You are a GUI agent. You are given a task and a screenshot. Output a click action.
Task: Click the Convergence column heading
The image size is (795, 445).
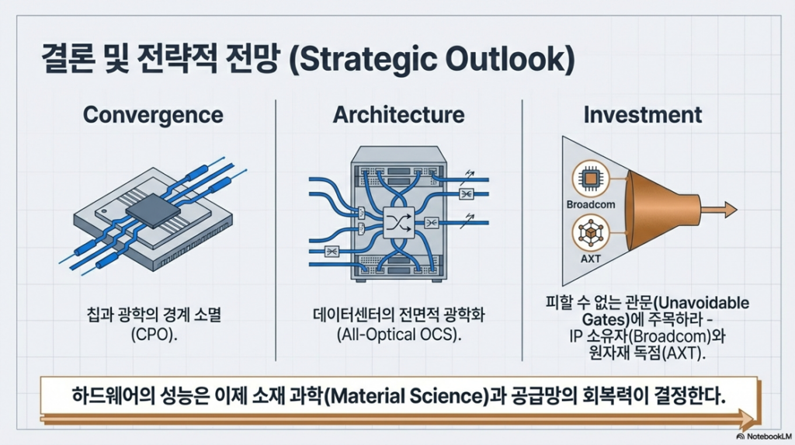153,115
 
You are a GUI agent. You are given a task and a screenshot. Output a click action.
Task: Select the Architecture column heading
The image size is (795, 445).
398,115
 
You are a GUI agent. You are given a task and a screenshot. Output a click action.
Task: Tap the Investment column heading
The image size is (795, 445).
642,115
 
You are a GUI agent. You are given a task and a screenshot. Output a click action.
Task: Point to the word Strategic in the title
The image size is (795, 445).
362,59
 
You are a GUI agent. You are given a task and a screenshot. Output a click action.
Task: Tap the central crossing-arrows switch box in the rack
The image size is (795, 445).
398,223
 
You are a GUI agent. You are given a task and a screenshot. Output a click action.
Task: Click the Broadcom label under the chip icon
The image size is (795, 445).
591,204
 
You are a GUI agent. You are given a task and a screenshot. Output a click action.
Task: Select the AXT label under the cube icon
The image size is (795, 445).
591,259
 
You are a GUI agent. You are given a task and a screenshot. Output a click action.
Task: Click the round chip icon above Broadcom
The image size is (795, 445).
591,179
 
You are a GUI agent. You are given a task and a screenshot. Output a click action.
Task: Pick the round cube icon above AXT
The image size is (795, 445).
591,233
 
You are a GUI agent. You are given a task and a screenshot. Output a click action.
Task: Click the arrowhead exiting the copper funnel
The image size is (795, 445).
731,210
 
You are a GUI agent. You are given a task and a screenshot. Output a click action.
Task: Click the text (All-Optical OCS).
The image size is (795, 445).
399,335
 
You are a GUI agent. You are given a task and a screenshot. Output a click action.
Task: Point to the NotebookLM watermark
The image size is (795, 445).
764,436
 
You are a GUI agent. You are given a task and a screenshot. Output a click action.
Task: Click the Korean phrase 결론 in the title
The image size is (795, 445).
68,59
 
